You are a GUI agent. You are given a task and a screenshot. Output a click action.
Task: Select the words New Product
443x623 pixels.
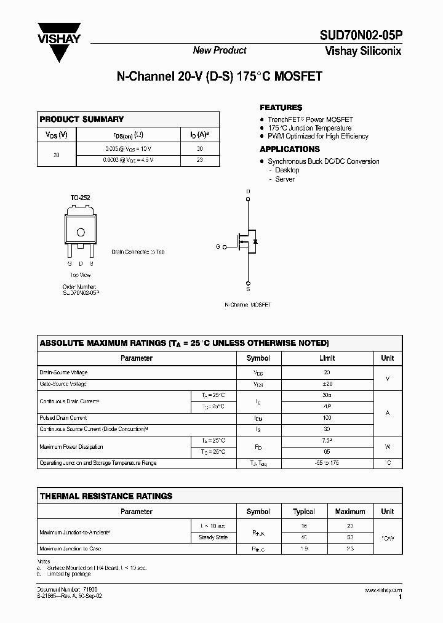click(x=220, y=50)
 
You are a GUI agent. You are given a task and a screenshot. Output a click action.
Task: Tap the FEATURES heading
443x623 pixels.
click(x=281, y=108)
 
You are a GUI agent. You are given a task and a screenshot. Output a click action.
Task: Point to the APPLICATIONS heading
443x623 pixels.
click(x=289, y=149)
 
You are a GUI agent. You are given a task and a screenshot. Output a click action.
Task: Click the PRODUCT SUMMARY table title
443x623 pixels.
click(x=81, y=119)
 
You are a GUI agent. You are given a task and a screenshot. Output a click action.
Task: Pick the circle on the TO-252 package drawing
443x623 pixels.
click(x=80, y=232)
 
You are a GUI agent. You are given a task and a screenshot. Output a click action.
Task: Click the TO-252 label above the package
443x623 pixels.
click(x=80, y=198)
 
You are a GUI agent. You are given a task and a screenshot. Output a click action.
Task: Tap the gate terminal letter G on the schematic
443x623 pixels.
click(x=217, y=246)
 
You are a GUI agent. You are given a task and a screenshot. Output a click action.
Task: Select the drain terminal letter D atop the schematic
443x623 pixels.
click(x=249, y=191)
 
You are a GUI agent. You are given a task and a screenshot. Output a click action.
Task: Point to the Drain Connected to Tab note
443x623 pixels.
click(x=138, y=252)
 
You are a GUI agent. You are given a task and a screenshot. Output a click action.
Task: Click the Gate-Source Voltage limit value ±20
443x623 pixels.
click(x=327, y=384)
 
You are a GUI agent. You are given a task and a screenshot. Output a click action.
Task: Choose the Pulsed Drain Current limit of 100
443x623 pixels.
click(x=327, y=418)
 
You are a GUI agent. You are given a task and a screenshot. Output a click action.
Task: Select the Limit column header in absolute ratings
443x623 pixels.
click(x=327, y=358)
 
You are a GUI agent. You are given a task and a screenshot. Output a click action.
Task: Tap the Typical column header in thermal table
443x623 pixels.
click(x=304, y=512)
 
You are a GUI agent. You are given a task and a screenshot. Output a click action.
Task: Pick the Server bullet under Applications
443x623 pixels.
click(x=285, y=179)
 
